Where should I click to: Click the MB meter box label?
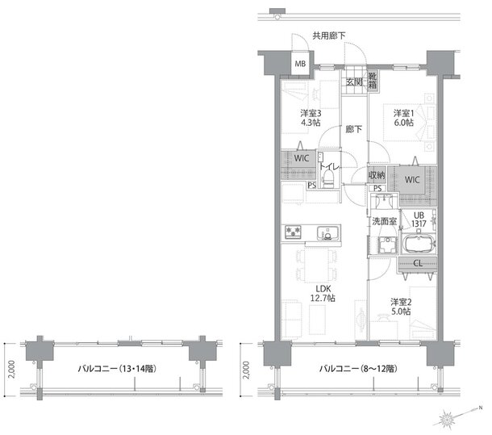[x=300, y=64]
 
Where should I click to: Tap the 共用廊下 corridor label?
[x=328, y=36]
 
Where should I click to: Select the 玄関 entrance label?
[x=354, y=82]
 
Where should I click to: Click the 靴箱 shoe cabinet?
[x=373, y=81]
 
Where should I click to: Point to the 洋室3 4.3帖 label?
[x=311, y=118]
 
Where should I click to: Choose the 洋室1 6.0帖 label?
[x=404, y=118]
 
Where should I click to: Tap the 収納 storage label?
[x=377, y=175]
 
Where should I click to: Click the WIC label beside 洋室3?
[x=302, y=158]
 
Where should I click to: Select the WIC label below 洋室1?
[x=412, y=180]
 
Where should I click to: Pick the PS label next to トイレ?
[x=311, y=186]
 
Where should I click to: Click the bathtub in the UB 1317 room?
[x=419, y=244]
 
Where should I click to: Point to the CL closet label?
[x=418, y=264]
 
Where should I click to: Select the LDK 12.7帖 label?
[x=323, y=293]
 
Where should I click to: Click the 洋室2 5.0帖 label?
[x=401, y=307]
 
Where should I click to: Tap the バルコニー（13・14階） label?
[x=117, y=368]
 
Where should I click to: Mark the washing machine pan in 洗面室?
[x=388, y=245]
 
